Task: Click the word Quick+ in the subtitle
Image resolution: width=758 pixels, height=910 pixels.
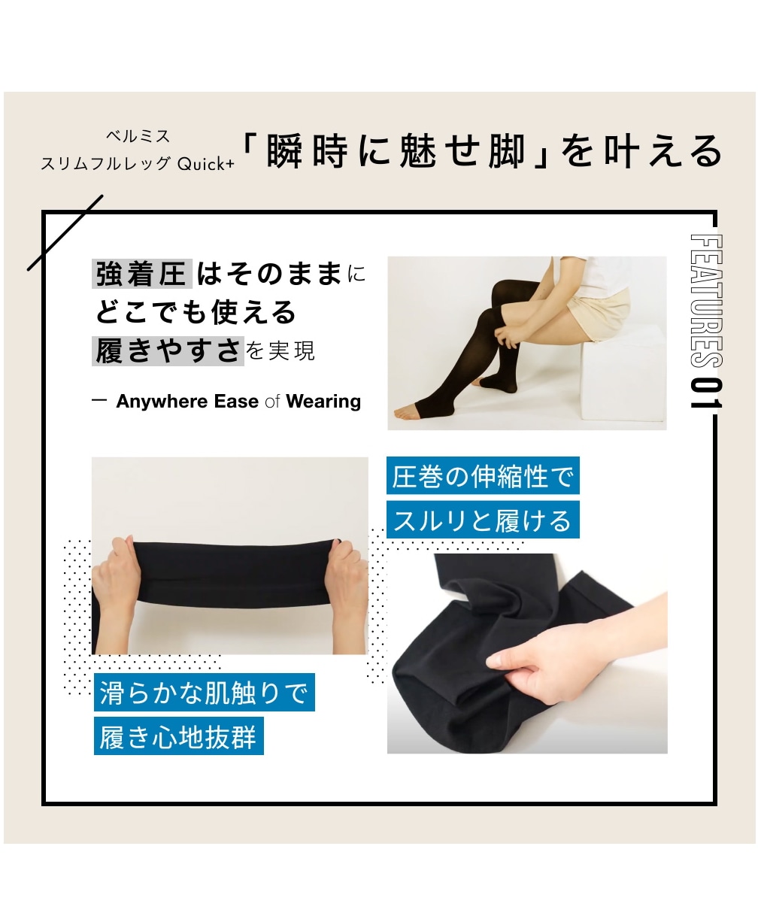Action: [x=206, y=164]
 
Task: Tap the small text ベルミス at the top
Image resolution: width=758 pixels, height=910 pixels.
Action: [x=138, y=136]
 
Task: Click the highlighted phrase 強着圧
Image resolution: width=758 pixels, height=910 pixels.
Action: [x=141, y=275]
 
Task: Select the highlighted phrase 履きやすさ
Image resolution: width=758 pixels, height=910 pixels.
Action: [x=168, y=350]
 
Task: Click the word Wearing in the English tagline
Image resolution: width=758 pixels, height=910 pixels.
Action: [x=323, y=401]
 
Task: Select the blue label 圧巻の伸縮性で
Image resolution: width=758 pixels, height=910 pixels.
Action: [x=483, y=475]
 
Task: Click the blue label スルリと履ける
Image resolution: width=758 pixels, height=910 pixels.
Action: [x=483, y=520]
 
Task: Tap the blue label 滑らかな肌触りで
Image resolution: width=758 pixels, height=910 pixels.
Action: [x=205, y=693]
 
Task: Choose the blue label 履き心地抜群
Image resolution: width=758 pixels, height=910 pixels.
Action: [x=179, y=736]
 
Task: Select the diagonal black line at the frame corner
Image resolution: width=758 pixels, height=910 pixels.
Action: [x=65, y=232]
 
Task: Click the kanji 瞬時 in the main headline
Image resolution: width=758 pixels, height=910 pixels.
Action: [x=308, y=152]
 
